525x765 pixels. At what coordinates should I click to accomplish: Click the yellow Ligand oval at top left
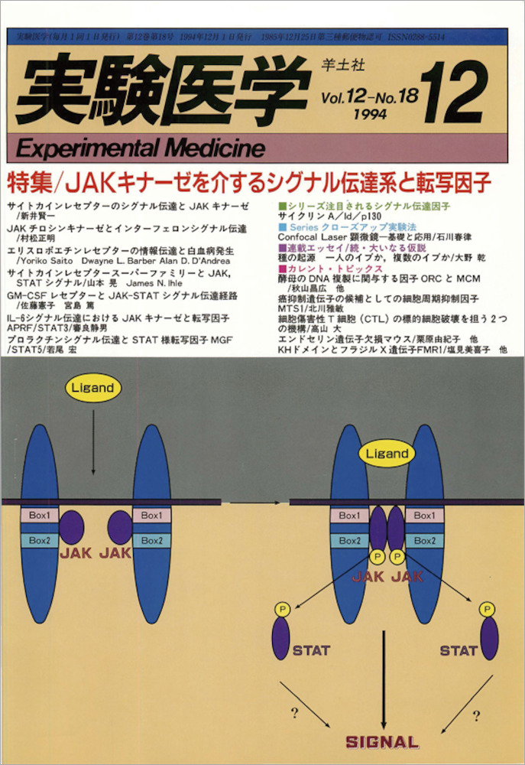pyautogui.click(x=93, y=388)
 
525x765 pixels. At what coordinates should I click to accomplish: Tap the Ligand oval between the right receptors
pyautogui.click(x=386, y=453)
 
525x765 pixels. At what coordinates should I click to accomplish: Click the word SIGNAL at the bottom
pyautogui.click(x=382, y=741)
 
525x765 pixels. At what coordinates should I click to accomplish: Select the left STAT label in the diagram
pyautogui.click(x=311, y=651)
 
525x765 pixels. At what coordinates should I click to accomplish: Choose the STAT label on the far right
pyautogui.click(x=458, y=651)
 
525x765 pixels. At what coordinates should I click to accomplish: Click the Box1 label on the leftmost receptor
pyautogui.click(x=40, y=516)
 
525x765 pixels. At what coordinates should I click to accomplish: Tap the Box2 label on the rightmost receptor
pyautogui.click(x=424, y=540)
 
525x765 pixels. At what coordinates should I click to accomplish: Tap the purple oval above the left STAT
pyautogui.click(x=280, y=636)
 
